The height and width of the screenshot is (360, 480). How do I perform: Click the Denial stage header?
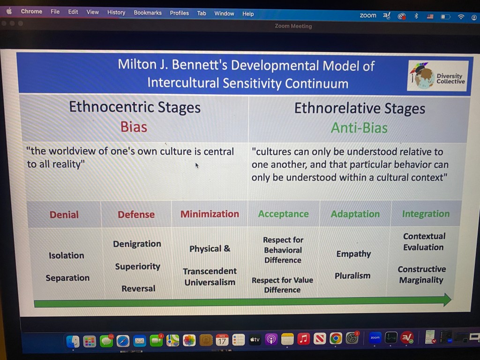64,215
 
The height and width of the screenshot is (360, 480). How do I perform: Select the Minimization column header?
210,214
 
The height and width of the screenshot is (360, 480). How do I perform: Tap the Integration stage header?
426,214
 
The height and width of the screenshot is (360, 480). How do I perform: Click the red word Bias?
134,127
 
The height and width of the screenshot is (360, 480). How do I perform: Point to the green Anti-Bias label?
359,127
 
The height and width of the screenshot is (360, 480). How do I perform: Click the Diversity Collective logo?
438,75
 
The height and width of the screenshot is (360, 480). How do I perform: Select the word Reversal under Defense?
138,288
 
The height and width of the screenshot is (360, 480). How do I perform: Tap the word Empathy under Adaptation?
353,254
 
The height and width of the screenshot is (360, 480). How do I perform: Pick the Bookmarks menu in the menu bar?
148,13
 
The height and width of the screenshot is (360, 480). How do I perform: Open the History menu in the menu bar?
116,12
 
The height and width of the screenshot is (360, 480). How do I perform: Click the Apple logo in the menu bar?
9,11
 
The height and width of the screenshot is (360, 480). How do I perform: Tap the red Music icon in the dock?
303,339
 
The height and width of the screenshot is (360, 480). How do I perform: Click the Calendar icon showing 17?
222,340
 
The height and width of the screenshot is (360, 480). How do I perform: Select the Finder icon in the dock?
73,341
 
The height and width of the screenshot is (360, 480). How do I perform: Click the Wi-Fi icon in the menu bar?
461,17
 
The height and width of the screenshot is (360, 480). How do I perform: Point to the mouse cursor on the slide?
197,165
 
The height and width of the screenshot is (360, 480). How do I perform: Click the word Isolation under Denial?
67,255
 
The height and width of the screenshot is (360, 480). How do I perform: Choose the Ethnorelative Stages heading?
360,108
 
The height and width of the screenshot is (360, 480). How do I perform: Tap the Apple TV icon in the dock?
255,339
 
